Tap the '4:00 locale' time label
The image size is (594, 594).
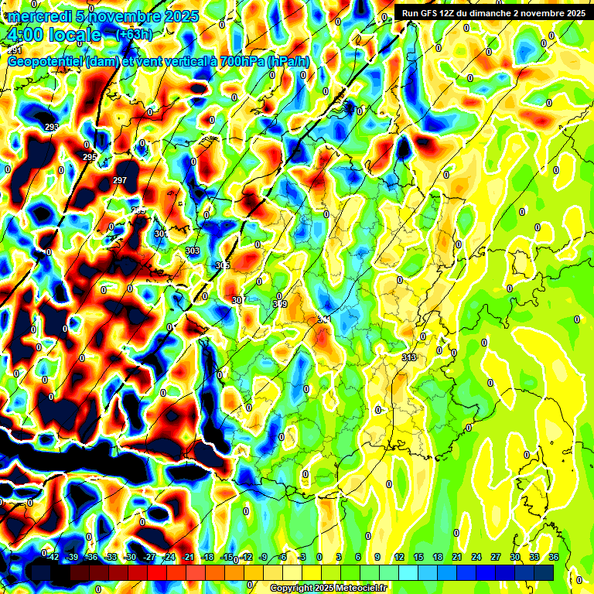pyautogui.click(x=53, y=35)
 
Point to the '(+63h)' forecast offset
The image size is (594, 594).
pyautogui.click(x=134, y=35)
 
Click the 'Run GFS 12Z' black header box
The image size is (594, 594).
pyautogui.click(x=491, y=13)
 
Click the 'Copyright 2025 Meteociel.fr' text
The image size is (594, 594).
pyautogui.click(x=328, y=589)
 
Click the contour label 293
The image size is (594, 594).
pyautogui.click(x=52, y=127)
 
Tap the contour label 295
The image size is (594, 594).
pyautogui.click(x=90, y=157)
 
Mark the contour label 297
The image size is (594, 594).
pyautogui.click(x=120, y=180)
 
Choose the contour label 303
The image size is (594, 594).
pyautogui.click(x=193, y=251)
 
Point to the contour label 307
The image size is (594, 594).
pyautogui.click(x=237, y=299)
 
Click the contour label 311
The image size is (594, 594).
pyautogui.click(x=324, y=319)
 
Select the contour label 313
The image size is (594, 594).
pyautogui.click(x=409, y=357)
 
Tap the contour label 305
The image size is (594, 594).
pyautogui.click(x=223, y=265)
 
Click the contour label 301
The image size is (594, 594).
pyautogui.click(x=160, y=234)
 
